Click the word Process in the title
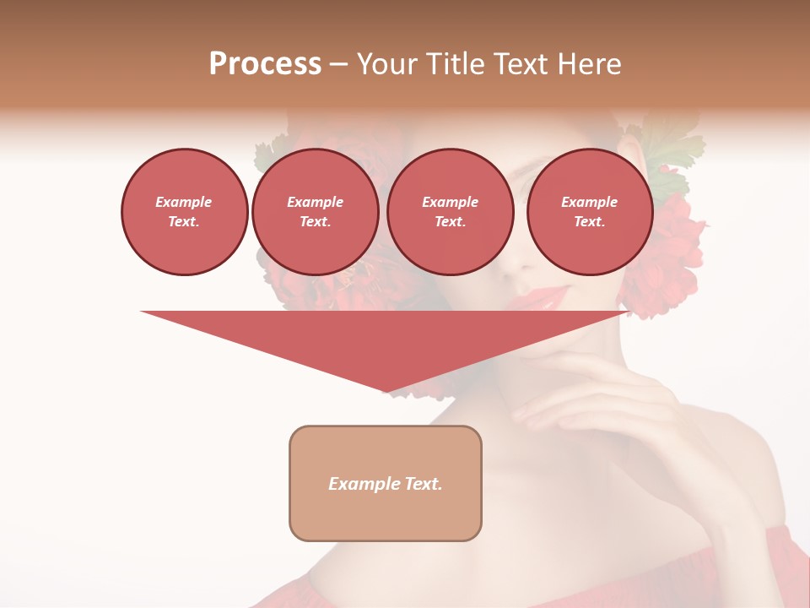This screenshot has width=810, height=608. [x=265, y=64]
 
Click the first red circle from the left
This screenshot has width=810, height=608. [x=184, y=212]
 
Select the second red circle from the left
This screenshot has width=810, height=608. [x=315, y=212]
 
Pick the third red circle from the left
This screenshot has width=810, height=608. [x=450, y=212]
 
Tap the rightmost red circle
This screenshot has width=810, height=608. [x=589, y=212]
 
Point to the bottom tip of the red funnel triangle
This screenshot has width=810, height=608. [x=386, y=391]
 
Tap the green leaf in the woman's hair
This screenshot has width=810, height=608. [x=675, y=144]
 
